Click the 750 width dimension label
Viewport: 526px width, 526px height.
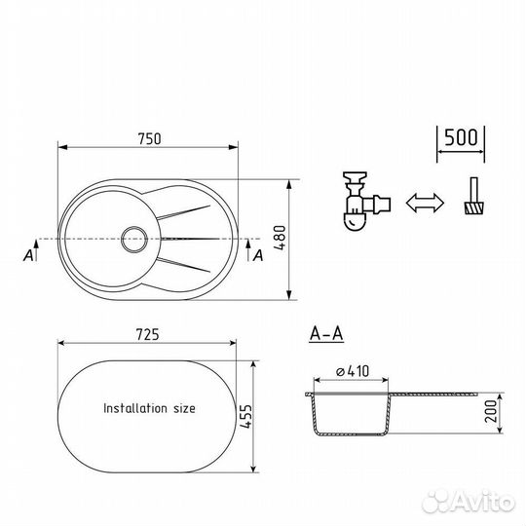click(150, 139)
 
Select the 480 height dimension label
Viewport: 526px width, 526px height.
click(280, 238)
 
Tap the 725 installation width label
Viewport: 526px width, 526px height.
click(148, 334)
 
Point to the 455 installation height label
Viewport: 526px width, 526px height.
click(245, 416)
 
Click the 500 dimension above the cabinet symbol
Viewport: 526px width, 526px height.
click(461, 137)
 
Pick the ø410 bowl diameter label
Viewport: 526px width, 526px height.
click(353, 371)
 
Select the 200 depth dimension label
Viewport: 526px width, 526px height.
click(490, 411)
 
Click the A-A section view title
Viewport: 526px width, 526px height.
click(326, 334)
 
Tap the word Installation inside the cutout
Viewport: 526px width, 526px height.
click(135, 408)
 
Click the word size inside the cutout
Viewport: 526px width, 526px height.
click(184, 408)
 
